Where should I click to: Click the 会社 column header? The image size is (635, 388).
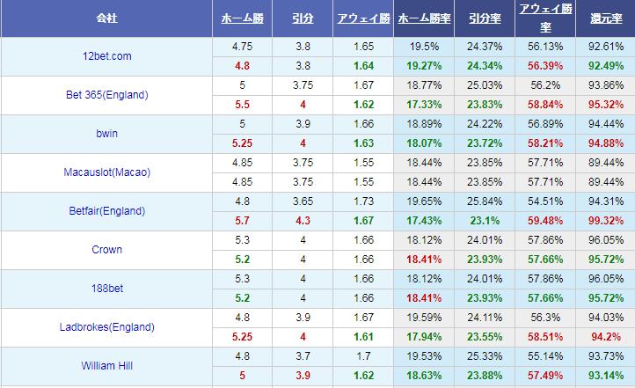pyautogui.click(x=106, y=18)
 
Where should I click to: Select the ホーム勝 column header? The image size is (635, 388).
pyautogui.click(x=242, y=18)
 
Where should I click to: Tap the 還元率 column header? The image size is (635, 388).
pyautogui.click(x=605, y=18)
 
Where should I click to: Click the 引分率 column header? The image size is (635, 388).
pyautogui.click(x=483, y=18)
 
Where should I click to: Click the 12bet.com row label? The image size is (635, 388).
pyautogui.click(x=106, y=56)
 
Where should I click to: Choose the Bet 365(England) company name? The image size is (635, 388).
pyautogui.click(x=106, y=95)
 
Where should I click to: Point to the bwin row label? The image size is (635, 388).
pyautogui.click(x=106, y=134)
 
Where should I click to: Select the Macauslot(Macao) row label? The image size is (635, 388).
pyautogui.click(x=106, y=172)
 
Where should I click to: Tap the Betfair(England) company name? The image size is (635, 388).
pyautogui.click(x=106, y=211)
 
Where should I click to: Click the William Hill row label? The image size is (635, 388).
pyautogui.click(x=106, y=365)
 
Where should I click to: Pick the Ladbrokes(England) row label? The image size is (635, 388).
pyautogui.click(x=106, y=327)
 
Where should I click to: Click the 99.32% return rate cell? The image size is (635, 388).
pyautogui.click(x=605, y=221)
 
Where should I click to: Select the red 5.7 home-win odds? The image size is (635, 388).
pyautogui.click(x=242, y=221)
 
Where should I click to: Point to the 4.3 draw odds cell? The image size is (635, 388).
pyautogui.click(x=302, y=221)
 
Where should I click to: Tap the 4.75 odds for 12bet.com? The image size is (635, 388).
pyautogui.click(x=242, y=47)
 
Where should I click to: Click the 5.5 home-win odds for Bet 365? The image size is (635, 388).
pyautogui.click(x=242, y=105)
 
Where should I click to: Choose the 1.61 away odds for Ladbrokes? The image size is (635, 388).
pyautogui.click(x=361, y=336)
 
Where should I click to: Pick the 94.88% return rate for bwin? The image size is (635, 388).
pyautogui.click(x=605, y=143)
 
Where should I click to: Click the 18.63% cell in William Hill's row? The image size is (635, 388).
pyautogui.click(x=423, y=375)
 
